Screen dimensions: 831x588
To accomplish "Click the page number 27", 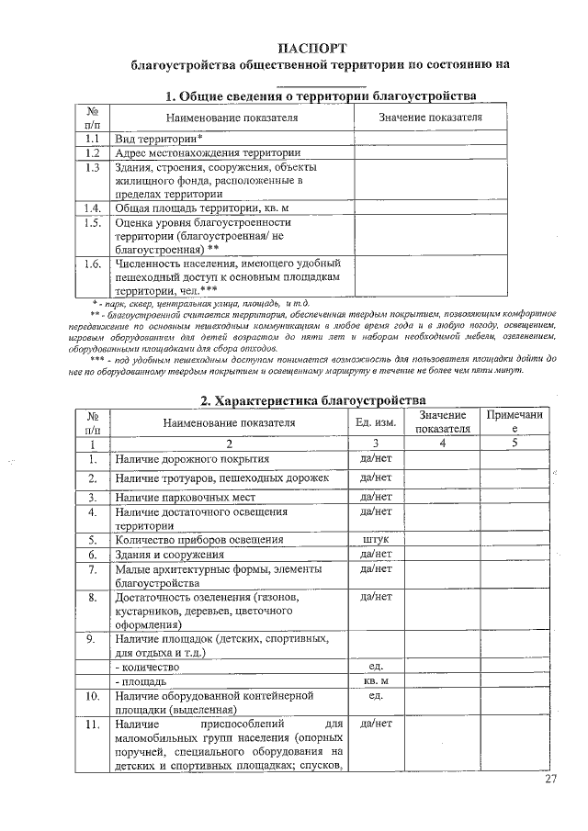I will click(550, 780).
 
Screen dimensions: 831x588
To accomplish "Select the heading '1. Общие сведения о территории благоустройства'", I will click(320, 96).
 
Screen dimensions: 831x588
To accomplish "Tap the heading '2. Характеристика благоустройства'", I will click(313, 400).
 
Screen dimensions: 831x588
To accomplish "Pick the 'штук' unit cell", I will click(376, 539).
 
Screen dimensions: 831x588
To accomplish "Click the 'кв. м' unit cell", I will click(376, 681).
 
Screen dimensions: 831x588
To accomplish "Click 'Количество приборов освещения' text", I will click(198, 539).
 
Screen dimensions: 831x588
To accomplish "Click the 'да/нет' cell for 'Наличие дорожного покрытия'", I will click(376, 457).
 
